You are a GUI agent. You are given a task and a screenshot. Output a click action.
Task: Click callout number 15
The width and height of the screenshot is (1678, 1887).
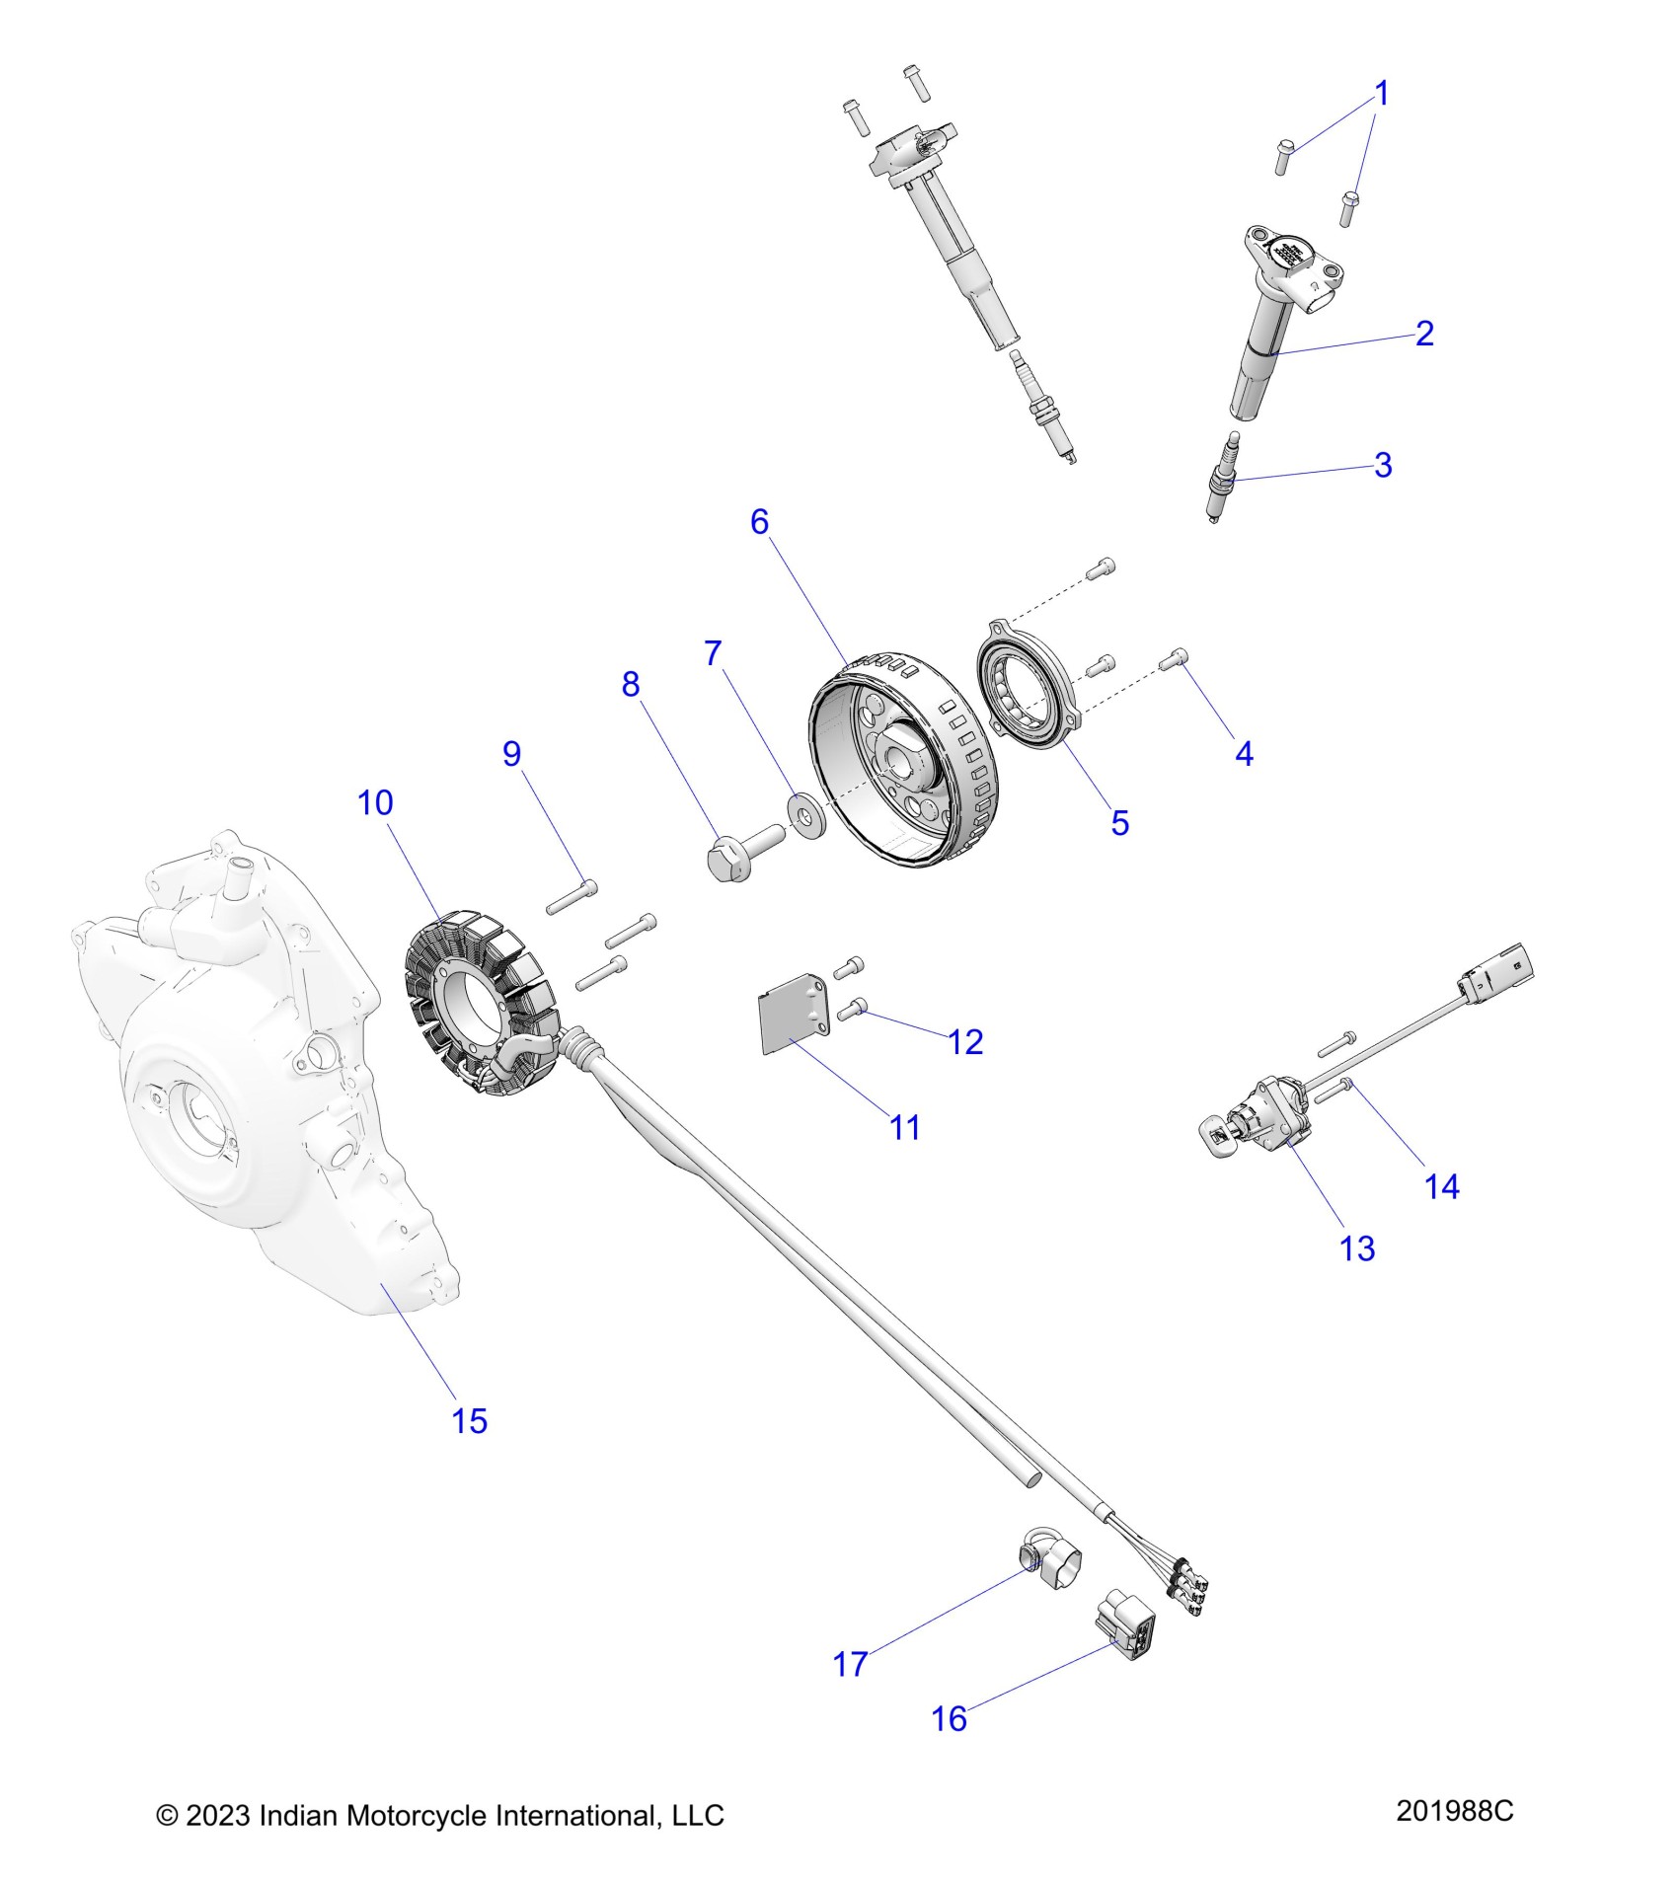(469, 1420)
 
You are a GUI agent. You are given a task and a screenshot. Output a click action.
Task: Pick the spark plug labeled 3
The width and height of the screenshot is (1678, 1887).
(1224, 476)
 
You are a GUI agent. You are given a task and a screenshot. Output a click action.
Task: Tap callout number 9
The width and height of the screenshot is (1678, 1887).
(511, 753)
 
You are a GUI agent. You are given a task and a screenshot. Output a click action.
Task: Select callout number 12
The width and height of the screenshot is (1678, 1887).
(965, 1041)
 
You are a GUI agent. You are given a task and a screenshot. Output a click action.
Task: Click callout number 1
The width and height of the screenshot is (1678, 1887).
(1382, 95)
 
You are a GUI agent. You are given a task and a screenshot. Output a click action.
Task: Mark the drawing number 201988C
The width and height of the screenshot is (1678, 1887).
(1454, 1811)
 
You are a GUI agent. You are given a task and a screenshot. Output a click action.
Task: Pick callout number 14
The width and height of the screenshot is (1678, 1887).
(1441, 1185)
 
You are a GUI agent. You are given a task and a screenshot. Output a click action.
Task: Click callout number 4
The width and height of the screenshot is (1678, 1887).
(1244, 753)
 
